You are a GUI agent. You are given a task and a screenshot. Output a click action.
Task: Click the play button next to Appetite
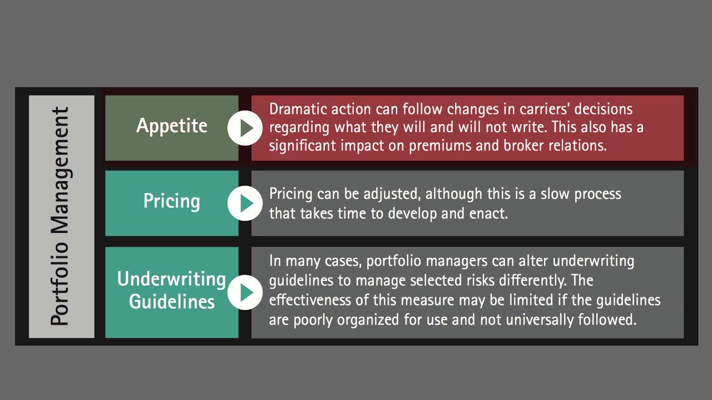tap(245, 128)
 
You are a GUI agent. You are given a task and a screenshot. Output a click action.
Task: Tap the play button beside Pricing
tap(245, 203)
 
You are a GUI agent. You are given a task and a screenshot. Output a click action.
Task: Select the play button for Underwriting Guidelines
tap(245, 292)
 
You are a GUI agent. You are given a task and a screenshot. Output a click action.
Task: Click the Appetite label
tap(172, 126)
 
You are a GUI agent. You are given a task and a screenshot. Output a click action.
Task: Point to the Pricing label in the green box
tap(172, 201)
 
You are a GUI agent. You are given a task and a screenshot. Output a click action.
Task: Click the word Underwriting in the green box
tap(172, 279)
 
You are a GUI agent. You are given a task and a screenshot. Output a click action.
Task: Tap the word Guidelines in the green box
tap(172, 301)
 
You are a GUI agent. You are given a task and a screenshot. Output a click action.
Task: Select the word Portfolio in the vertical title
tap(60, 283)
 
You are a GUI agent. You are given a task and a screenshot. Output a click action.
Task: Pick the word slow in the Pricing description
tap(555, 194)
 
